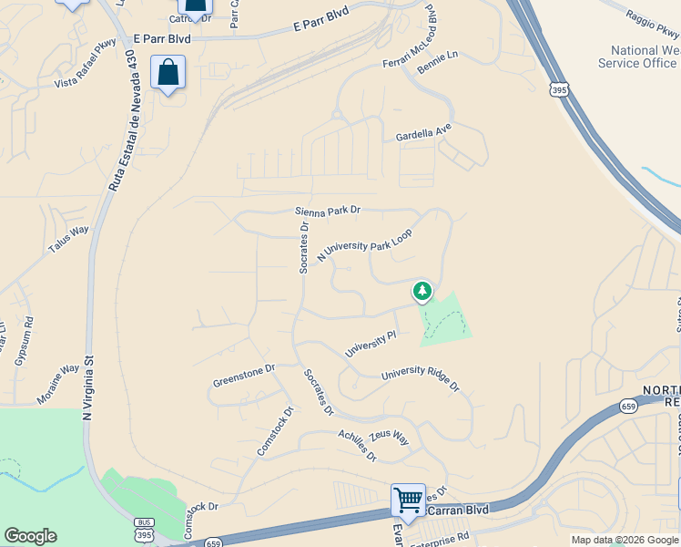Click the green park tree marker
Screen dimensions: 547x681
(422, 292)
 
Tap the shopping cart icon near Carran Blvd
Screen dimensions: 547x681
(408, 499)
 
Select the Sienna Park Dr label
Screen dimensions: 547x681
(328, 211)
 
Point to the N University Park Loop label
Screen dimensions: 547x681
(364, 246)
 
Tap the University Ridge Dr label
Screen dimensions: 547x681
(421, 378)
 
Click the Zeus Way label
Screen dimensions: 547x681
(389, 439)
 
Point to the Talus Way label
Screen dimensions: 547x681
(69, 240)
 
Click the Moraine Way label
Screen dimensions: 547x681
(58, 386)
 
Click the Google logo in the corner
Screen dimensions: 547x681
(30, 536)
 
